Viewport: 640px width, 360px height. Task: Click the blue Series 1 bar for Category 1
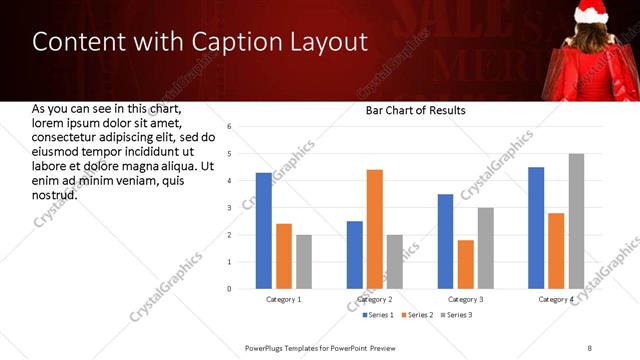point(264,231)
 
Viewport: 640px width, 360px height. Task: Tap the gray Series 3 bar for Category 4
point(576,221)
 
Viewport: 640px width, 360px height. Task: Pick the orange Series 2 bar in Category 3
point(465,264)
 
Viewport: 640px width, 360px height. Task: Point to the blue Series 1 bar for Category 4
point(536,228)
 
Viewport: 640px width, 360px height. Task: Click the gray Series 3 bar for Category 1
point(304,262)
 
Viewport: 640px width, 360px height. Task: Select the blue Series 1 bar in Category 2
point(355,255)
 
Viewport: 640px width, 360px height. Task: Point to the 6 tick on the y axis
point(230,127)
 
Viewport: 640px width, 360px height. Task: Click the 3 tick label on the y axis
point(230,208)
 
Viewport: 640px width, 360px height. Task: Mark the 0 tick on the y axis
point(230,289)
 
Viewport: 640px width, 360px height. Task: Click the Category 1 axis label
point(284,299)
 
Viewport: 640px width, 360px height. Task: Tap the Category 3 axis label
point(465,299)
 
